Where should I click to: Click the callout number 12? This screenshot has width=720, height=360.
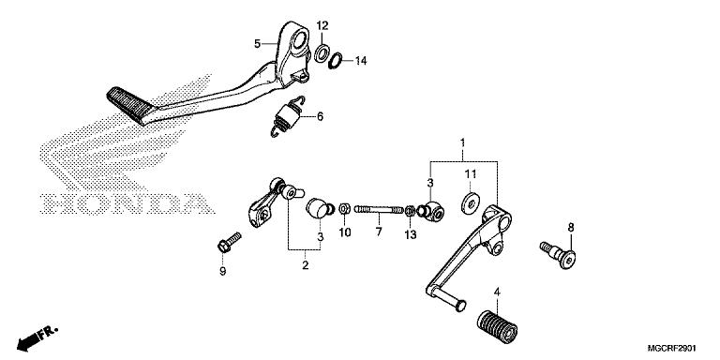pyautogui.click(x=322, y=24)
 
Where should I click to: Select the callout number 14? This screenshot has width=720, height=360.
pyautogui.click(x=361, y=61)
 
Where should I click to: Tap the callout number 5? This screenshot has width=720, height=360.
pyautogui.click(x=258, y=44)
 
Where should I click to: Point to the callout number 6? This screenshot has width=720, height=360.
pyautogui.click(x=320, y=116)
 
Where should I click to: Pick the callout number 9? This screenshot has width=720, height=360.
pyautogui.click(x=223, y=271)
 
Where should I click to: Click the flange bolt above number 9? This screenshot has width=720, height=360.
pyautogui.click(x=229, y=242)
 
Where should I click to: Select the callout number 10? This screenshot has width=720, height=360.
pyautogui.click(x=345, y=232)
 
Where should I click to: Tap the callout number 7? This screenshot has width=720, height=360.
pyautogui.click(x=379, y=232)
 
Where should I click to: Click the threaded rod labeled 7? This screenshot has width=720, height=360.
pyautogui.click(x=379, y=210)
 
